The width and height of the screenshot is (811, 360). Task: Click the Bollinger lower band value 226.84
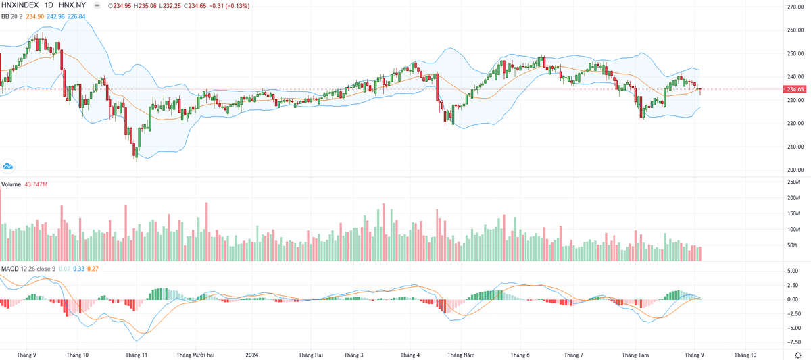[76, 17]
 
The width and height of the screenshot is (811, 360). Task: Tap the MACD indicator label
[9, 269]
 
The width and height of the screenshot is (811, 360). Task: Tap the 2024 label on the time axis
[251, 355]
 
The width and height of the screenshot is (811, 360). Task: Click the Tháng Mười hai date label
[195, 355]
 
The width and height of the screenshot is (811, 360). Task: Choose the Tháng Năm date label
[463, 355]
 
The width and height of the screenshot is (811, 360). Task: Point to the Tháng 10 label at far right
[745, 355]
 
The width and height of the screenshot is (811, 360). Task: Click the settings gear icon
[797, 355]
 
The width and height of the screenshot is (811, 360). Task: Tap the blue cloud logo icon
[9, 165]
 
